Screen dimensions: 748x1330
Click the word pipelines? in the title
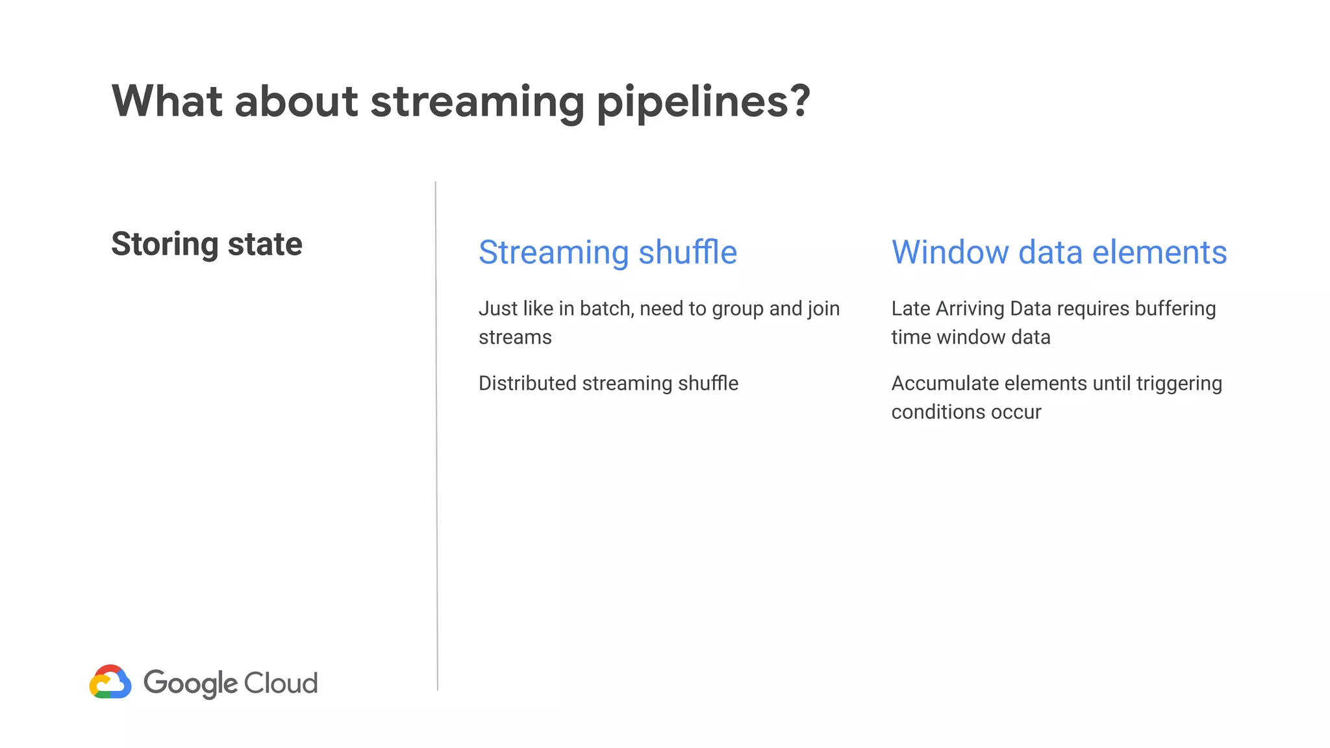point(703,102)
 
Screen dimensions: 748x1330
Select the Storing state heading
point(207,244)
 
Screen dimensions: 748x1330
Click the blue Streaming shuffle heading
point(608,252)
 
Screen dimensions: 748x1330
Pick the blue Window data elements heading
point(1059,252)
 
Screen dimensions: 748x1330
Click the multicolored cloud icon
point(110,682)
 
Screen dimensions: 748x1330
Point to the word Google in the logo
point(191,684)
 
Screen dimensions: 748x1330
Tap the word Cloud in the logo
point(281,683)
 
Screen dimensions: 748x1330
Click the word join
point(823,309)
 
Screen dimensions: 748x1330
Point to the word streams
point(515,338)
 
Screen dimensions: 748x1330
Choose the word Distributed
point(527,383)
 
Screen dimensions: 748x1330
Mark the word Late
point(910,308)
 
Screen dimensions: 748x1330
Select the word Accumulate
point(945,383)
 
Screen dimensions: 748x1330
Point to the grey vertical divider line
point(436,435)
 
